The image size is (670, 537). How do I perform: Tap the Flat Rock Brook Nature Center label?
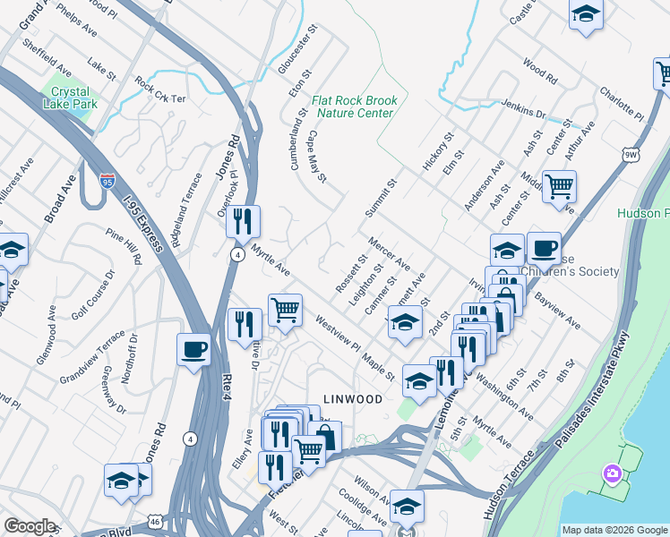click(352, 107)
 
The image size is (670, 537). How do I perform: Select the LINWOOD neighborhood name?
click(352, 398)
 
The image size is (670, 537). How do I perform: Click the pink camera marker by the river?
click(612, 473)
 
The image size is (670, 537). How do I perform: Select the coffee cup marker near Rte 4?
click(193, 348)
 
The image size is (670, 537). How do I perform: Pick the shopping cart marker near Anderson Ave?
click(559, 186)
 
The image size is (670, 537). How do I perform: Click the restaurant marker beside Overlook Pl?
click(243, 220)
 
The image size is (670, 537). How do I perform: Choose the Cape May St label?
click(317, 155)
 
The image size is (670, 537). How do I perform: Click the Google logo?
click(30, 526)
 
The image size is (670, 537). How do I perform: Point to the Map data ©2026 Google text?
click(614, 530)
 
